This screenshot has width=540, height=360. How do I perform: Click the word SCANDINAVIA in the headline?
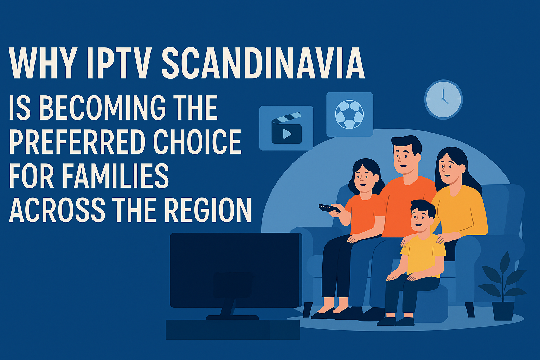(x=263, y=63)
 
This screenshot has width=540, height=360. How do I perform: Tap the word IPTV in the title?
(x=119, y=63)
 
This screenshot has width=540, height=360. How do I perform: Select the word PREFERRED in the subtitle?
(x=77, y=141)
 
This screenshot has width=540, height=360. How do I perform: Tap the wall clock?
(x=443, y=99)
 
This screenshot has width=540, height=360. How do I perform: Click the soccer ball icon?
(x=349, y=114)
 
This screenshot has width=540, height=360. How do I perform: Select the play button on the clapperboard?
(x=287, y=134)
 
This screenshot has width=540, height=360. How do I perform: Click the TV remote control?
(x=329, y=208)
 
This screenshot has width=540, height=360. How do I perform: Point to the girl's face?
(x=365, y=179)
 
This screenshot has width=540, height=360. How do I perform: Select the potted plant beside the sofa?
(x=503, y=287)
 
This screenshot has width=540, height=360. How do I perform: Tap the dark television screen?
(x=236, y=270)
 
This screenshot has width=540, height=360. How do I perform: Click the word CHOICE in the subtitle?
(x=198, y=141)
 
